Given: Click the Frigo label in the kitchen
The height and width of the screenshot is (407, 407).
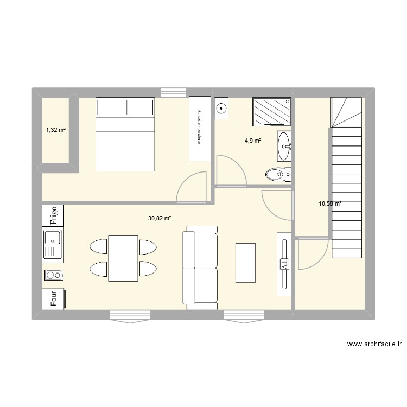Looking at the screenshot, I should (x=54, y=215).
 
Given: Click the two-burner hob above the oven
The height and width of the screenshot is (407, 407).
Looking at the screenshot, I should (x=54, y=275).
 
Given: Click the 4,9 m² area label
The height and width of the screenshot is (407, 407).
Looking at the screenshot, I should (x=253, y=141).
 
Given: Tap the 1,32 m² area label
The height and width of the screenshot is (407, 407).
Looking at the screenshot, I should (x=55, y=130).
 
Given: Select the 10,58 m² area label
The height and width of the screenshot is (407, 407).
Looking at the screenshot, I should (x=330, y=204).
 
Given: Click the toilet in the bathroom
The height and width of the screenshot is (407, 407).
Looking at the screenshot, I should (x=278, y=174).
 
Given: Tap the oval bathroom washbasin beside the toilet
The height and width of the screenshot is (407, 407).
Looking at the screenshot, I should (x=284, y=145).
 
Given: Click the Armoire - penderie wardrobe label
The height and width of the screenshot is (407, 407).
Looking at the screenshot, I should (x=199, y=129).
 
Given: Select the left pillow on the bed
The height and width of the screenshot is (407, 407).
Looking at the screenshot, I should (x=111, y=107).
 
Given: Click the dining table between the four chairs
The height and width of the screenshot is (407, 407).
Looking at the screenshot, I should (x=123, y=258).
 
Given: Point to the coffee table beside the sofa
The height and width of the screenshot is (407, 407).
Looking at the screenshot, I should (x=245, y=263).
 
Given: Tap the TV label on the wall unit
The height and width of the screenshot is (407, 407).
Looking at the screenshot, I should (x=283, y=264).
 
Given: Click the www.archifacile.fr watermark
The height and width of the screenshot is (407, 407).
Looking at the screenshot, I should (x=374, y=344).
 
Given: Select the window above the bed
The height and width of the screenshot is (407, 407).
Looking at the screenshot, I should (x=172, y=92).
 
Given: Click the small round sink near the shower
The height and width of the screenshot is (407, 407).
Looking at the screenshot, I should (x=222, y=108).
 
